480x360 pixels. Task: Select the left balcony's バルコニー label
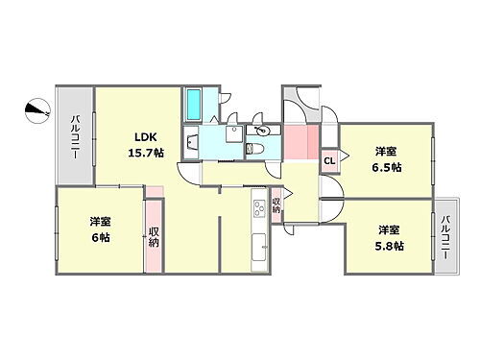click(75, 135)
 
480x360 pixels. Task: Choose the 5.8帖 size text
click(389, 246)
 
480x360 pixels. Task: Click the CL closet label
click(329, 161)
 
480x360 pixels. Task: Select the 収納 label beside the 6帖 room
click(154, 236)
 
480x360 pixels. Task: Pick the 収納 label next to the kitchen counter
click(276, 205)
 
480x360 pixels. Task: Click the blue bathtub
click(193, 102)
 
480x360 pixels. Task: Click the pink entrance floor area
click(300, 144)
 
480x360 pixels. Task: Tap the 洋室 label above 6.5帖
click(387, 151)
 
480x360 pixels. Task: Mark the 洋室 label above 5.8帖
click(388, 230)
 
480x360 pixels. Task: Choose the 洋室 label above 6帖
click(101, 221)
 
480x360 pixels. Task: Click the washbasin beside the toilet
click(261, 130)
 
